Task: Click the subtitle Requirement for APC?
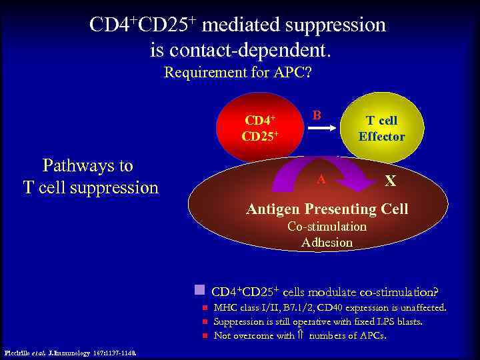237,72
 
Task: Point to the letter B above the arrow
317,115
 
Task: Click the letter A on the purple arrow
321,179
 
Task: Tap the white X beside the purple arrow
391,181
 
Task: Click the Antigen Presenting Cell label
327,209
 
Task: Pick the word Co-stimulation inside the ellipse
327,227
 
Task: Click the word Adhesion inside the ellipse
327,243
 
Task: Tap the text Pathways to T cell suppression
91,177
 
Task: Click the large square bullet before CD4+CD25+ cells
199,290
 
